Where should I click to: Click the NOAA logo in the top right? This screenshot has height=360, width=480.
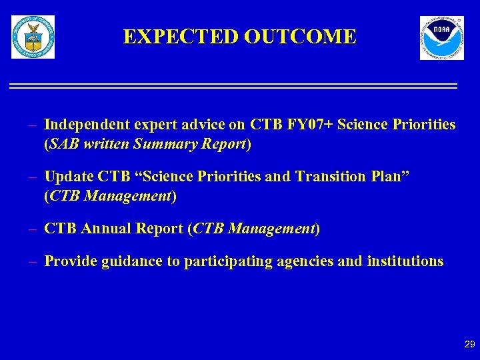[x=441, y=38]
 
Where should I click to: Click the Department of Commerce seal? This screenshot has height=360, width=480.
[x=33, y=37]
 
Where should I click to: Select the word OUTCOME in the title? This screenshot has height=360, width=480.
[x=300, y=37]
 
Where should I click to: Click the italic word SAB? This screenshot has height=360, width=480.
[x=63, y=143]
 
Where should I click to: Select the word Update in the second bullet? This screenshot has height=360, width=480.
[x=69, y=177]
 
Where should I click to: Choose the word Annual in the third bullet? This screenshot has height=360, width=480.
[x=107, y=229]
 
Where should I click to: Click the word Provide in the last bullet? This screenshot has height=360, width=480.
[x=71, y=261]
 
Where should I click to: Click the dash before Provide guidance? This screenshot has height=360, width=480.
[x=32, y=261]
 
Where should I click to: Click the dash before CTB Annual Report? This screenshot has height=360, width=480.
[x=32, y=229]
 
